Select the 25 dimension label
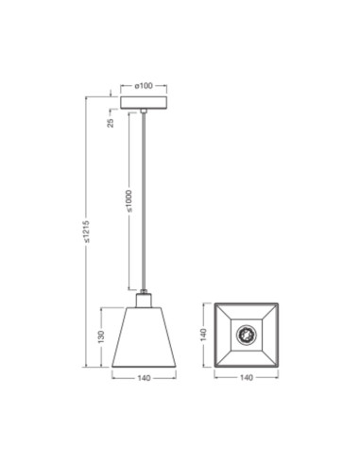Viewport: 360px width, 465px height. click(111, 122)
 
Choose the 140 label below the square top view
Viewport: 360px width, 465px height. click(247, 379)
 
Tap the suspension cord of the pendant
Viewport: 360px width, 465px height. click(144, 208)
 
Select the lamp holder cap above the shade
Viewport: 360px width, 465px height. click(144, 300)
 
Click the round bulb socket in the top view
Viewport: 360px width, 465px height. click(247, 335)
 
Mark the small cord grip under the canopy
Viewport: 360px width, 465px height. click(144, 112)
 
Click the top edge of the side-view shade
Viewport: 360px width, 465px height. click(144, 307)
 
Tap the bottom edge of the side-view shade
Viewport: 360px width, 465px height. click(143, 368)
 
